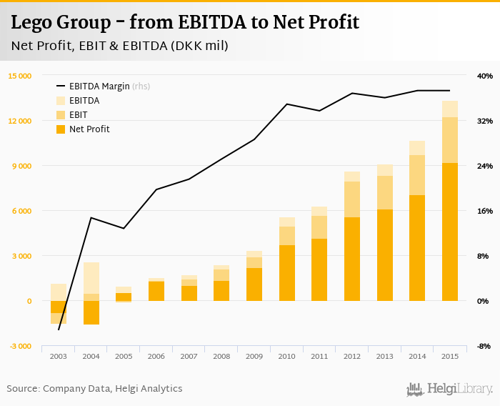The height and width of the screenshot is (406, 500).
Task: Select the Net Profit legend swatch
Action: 61,129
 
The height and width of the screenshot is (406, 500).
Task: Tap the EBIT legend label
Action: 79,115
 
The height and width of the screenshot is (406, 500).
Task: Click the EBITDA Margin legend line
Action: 61,86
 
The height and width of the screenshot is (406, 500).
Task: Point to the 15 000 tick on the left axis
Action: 19,76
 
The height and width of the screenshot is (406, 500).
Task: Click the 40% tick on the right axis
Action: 484,76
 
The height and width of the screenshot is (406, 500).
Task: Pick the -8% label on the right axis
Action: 484,346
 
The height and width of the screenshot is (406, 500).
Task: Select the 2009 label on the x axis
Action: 254,356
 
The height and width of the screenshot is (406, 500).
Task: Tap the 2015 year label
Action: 450,356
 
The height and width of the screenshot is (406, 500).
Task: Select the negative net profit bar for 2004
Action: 91,312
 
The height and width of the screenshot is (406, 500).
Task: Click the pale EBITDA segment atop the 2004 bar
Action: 91,278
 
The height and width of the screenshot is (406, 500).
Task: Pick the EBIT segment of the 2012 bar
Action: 352,199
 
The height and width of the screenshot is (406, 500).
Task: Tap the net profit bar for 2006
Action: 156,291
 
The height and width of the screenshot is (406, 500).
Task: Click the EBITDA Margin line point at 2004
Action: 91,217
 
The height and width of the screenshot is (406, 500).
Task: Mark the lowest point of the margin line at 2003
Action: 59,330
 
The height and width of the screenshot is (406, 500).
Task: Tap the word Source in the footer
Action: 22,389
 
